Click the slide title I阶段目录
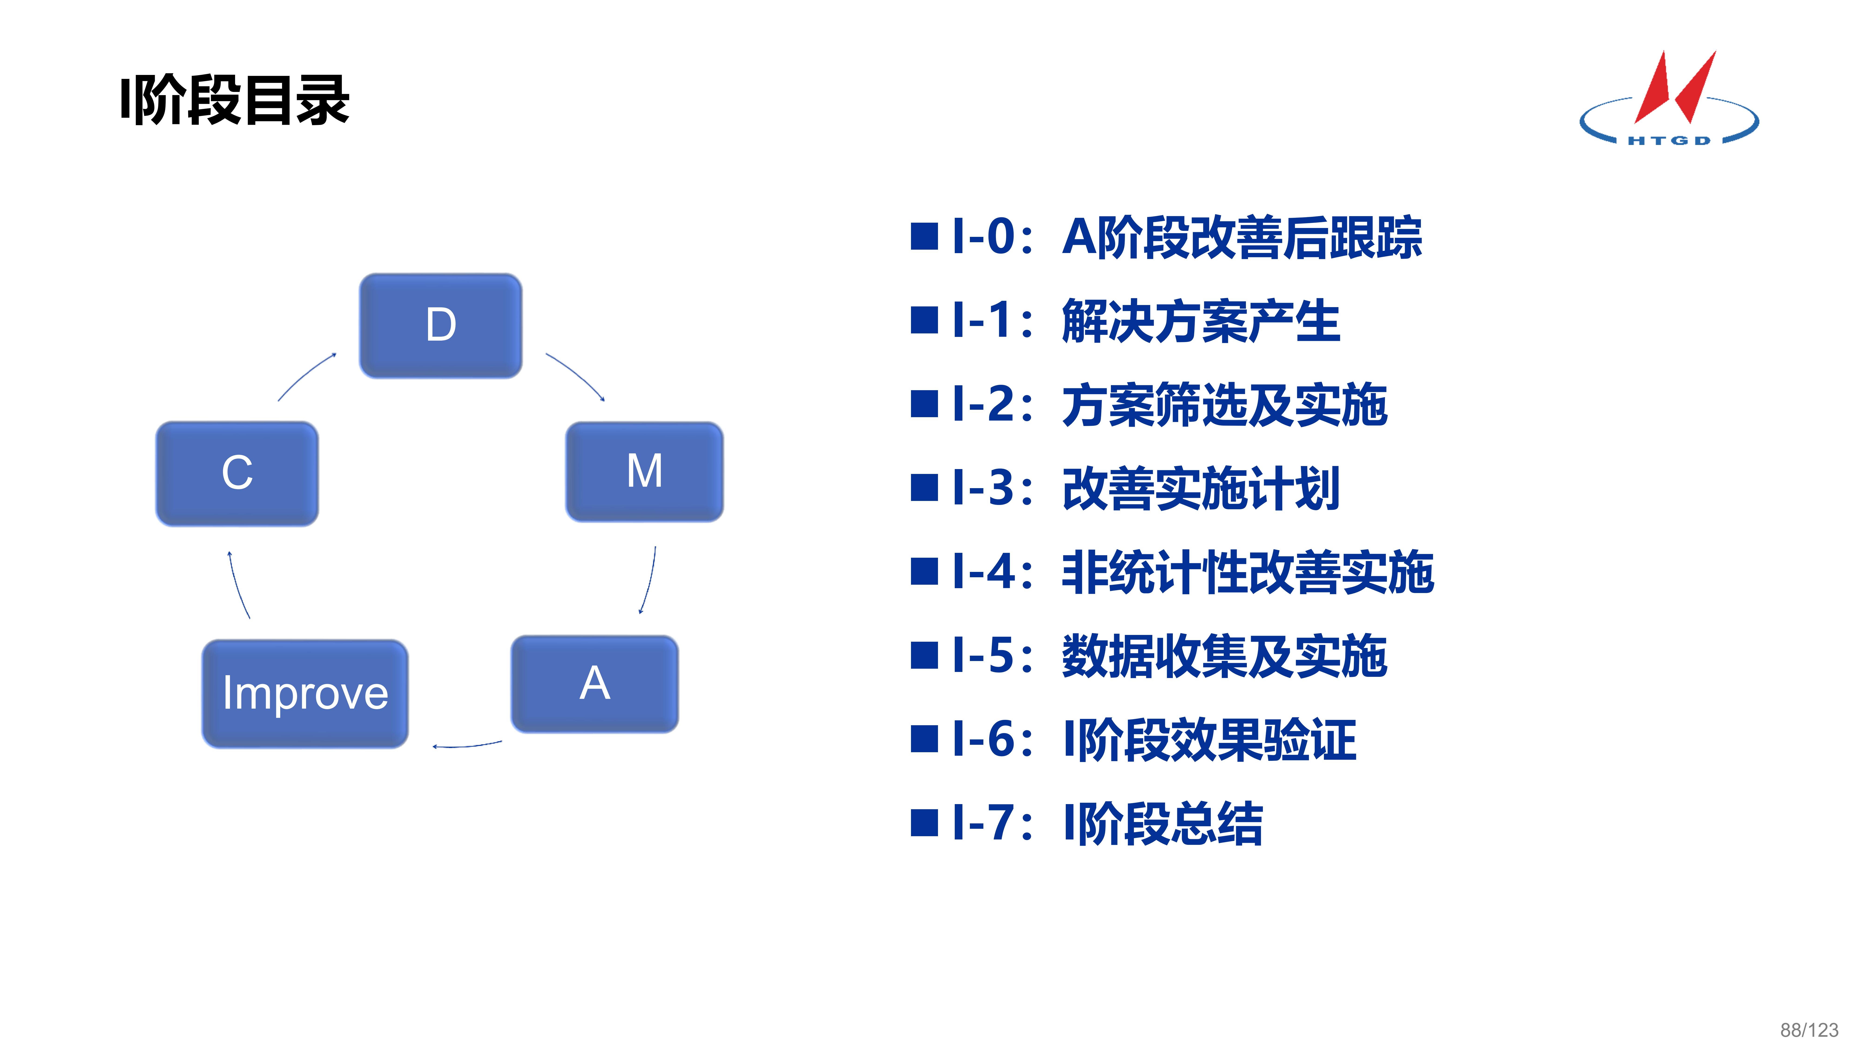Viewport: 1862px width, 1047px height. [x=235, y=101]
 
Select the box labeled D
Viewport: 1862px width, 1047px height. [x=440, y=325]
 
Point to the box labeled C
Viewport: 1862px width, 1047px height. [x=237, y=473]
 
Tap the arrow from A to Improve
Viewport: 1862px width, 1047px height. [x=467, y=745]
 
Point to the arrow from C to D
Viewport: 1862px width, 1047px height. [x=306, y=376]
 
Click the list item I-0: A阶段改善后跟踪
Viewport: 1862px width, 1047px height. [x=1185, y=237]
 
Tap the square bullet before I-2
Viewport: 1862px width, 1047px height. [x=924, y=405]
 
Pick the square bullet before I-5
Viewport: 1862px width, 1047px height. [x=924, y=656]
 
